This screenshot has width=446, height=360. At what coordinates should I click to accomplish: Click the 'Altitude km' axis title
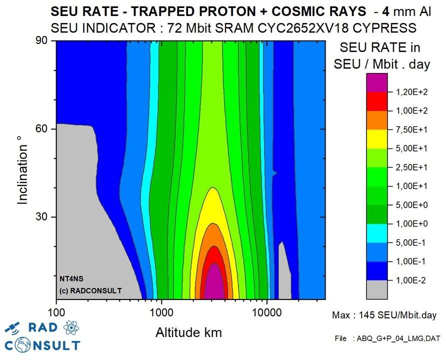pos(188,332)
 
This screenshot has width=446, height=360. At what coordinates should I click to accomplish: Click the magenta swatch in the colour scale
pos(377,82)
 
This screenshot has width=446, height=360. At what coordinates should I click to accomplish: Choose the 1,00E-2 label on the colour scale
pos(408,280)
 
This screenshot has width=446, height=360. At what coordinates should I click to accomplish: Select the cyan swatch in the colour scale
pos(377,233)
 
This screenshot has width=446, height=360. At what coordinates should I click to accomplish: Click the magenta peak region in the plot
pos(214,285)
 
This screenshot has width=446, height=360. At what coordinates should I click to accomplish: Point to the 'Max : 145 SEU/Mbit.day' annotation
pos(384,315)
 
